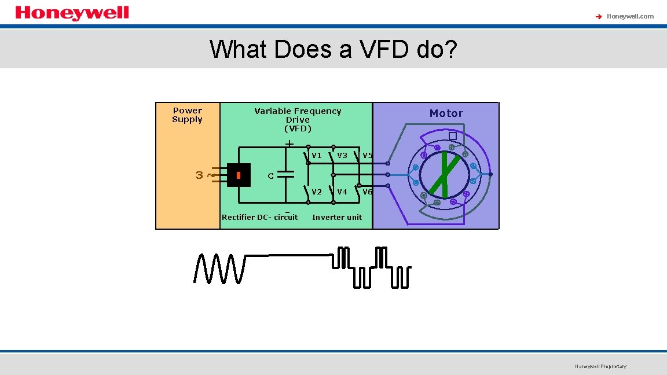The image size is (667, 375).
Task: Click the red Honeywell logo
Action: (x=72, y=13)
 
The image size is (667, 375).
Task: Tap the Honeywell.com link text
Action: (x=630, y=16)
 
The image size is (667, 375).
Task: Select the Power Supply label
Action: (x=187, y=115)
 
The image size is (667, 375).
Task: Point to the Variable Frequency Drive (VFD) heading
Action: (x=298, y=119)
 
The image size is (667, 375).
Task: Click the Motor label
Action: (x=446, y=113)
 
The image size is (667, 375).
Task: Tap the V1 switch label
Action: (x=317, y=155)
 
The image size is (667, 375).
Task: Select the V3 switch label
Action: (x=342, y=155)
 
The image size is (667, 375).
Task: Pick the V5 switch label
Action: (x=367, y=155)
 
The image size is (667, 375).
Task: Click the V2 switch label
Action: (x=317, y=192)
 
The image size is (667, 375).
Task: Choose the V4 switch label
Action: (x=342, y=192)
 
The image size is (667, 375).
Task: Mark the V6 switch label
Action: (x=367, y=192)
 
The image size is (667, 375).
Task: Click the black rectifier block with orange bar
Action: (x=238, y=175)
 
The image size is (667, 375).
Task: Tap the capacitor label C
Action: (x=270, y=176)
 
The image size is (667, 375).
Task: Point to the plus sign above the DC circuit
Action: (x=289, y=143)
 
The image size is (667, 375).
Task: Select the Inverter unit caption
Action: (x=336, y=218)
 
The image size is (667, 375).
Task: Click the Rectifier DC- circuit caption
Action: (x=259, y=218)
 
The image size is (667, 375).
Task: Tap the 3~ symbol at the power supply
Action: (x=203, y=175)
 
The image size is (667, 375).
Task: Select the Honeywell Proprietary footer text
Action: (x=600, y=366)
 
